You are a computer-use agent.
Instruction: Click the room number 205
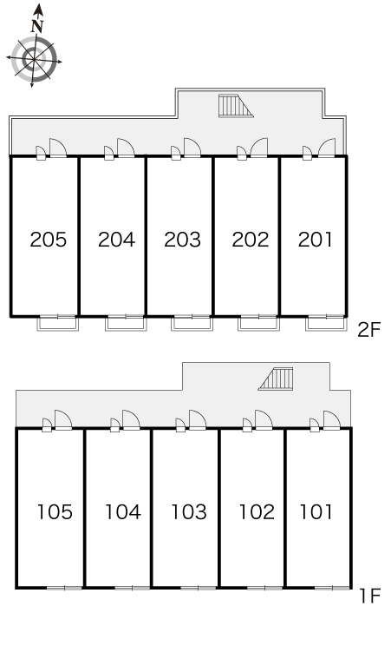(x=49, y=240)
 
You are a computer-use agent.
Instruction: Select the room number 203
(x=182, y=240)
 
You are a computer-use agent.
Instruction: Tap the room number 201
(x=316, y=240)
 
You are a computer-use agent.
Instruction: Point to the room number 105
(x=55, y=511)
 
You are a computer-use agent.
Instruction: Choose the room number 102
(x=257, y=511)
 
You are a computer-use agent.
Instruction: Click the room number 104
(x=123, y=511)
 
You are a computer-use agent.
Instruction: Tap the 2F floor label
(x=368, y=330)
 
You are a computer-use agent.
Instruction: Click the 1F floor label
(x=370, y=596)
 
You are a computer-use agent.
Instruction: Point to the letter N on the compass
(x=37, y=27)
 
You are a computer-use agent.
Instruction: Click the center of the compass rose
(x=34, y=59)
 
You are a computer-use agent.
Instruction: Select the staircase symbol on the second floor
(x=236, y=106)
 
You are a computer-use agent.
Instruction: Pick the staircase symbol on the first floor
(x=276, y=379)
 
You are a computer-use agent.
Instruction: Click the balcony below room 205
(x=58, y=323)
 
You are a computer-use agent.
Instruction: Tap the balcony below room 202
(x=259, y=323)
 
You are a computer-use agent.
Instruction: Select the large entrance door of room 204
(x=126, y=148)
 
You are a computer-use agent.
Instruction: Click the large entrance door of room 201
(x=327, y=148)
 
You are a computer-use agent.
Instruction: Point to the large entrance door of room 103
(x=198, y=419)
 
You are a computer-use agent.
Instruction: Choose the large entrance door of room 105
(x=63, y=419)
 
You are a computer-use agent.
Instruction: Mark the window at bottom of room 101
(x=332, y=588)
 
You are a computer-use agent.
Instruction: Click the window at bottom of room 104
(x=132, y=588)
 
